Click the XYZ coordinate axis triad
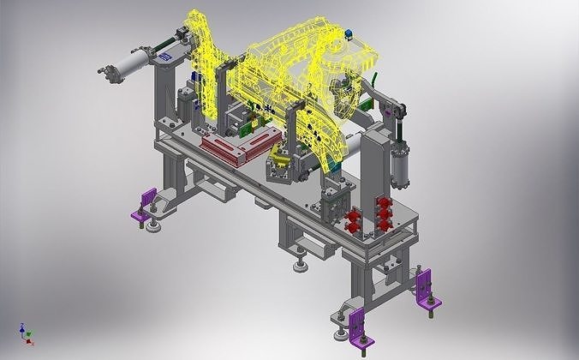[25, 334]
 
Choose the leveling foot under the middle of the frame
[301, 265]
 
